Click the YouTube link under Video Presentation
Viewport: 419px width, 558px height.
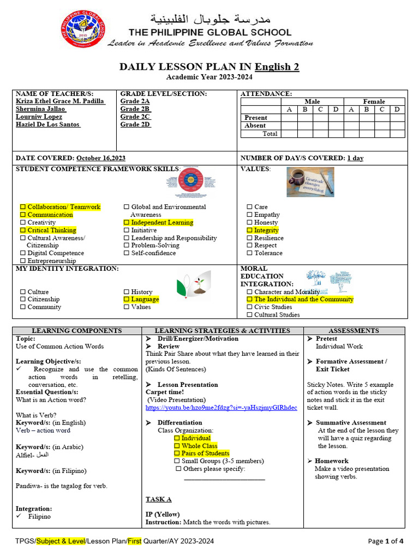[221, 408]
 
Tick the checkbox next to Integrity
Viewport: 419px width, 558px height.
[250, 231]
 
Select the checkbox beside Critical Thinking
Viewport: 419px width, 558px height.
[23, 231]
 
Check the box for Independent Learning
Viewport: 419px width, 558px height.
[127, 223]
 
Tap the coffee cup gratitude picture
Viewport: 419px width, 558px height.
[310, 181]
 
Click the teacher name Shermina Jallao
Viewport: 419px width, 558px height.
[40, 109]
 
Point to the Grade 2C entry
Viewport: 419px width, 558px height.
[135, 117]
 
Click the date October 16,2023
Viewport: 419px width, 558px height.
[101, 158]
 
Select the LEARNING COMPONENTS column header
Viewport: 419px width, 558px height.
[77, 331]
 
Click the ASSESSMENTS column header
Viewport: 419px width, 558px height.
[354, 331]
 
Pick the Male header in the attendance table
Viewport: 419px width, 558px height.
[312, 101]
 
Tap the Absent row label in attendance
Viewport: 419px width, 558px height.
[255, 125]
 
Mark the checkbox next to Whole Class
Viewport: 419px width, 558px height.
[177, 446]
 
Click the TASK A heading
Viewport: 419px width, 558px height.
[158, 499]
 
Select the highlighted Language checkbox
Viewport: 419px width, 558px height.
[127, 299]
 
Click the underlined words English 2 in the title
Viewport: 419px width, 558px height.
[277, 67]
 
